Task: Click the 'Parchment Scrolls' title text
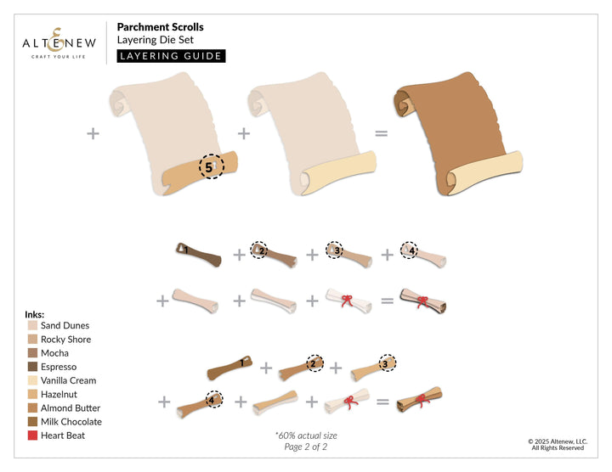[160, 27]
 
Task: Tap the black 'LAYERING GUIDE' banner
[171, 56]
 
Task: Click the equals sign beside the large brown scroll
[382, 133]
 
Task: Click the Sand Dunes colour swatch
[32, 325]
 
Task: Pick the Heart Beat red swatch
[32, 435]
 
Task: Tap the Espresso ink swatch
[32, 367]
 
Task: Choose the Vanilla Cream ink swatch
[32, 380]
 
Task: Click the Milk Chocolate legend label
[71, 422]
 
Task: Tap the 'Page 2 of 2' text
[305, 447]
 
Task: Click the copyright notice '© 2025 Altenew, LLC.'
[559, 441]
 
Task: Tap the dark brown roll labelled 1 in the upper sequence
[197, 252]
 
